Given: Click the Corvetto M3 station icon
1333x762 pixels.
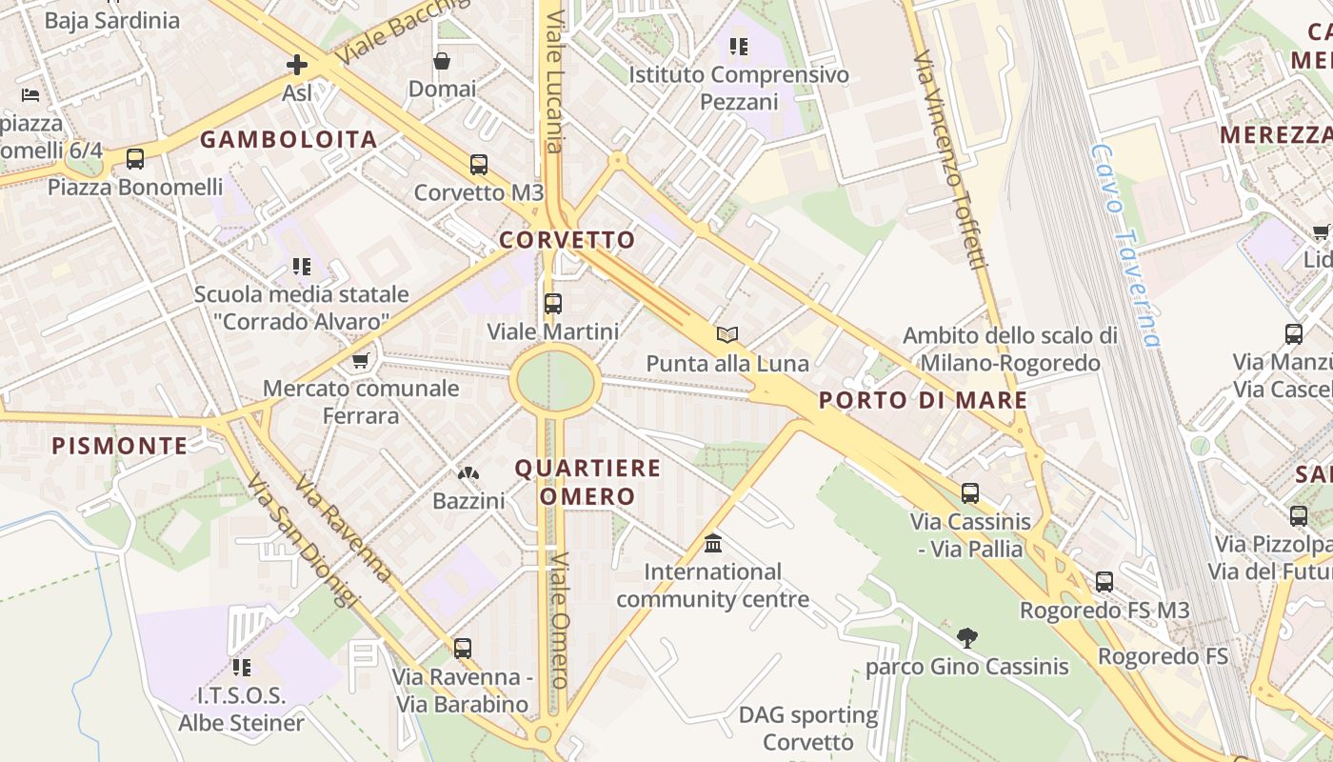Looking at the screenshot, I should point(479,164).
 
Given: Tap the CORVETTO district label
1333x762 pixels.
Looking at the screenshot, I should point(567,240).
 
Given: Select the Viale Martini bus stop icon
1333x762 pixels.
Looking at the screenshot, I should point(552,304).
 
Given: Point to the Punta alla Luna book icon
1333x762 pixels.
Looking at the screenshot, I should point(727,335).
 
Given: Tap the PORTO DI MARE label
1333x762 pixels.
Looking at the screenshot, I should point(923,400).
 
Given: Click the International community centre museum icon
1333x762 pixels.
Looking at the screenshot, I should point(712,544).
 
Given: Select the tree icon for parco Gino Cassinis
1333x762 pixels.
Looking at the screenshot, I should point(967,637).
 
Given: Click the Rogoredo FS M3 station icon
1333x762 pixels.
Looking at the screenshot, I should point(1104,581).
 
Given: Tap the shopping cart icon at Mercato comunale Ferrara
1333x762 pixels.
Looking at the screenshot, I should point(361,360).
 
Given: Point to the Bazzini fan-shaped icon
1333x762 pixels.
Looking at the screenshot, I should point(468,472).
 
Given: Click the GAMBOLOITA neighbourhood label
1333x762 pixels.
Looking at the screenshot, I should point(288,140).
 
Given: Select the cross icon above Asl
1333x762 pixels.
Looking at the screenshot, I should point(297,65).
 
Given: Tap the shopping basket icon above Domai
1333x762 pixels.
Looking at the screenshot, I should point(442,61).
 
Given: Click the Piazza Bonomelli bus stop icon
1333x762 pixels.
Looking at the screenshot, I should point(135,158).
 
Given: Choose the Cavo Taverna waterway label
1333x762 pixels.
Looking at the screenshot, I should point(1125,246).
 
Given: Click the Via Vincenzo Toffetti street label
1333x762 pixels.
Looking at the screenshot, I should point(947,160).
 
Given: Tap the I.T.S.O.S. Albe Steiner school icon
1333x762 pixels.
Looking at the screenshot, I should point(241,667).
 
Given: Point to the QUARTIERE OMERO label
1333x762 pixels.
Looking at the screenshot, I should point(587,482).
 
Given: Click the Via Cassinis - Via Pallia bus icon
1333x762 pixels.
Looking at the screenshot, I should point(970,493).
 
